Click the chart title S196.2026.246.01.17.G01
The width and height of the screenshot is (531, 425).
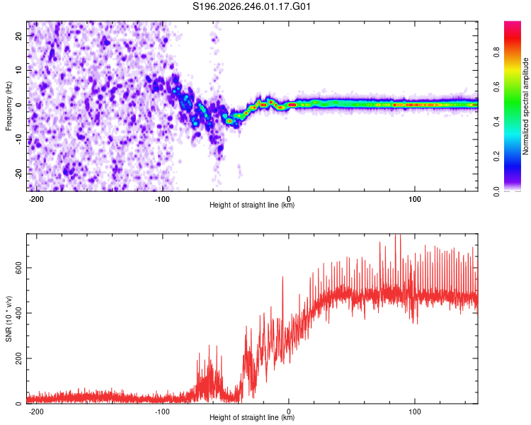[251, 6]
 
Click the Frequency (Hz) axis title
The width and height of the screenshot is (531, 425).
[8, 106]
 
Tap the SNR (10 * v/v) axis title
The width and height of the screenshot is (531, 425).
[8, 319]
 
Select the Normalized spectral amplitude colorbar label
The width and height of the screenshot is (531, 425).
[525, 106]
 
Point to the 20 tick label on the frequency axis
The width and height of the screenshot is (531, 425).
[18, 35]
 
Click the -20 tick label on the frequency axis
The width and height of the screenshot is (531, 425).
[18, 174]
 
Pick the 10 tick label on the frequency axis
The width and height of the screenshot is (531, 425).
[18, 70]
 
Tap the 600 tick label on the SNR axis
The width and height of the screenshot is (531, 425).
[18, 268]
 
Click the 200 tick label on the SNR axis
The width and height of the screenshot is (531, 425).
[18, 358]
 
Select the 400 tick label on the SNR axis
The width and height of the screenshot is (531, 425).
[18, 313]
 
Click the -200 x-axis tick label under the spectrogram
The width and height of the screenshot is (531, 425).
[36, 199]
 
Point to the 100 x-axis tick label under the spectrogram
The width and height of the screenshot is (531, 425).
[414, 199]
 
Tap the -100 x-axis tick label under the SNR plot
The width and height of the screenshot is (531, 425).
[162, 412]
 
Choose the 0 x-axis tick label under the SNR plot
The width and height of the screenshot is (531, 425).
[289, 412]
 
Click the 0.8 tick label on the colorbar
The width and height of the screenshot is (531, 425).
[496, 52]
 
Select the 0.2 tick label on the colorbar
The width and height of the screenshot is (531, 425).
[496, 157]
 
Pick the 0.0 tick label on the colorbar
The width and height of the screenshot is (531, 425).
[496, 191]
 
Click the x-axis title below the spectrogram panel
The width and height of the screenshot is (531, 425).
[252, 205]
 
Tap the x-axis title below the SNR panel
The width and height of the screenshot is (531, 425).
[252, 417]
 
